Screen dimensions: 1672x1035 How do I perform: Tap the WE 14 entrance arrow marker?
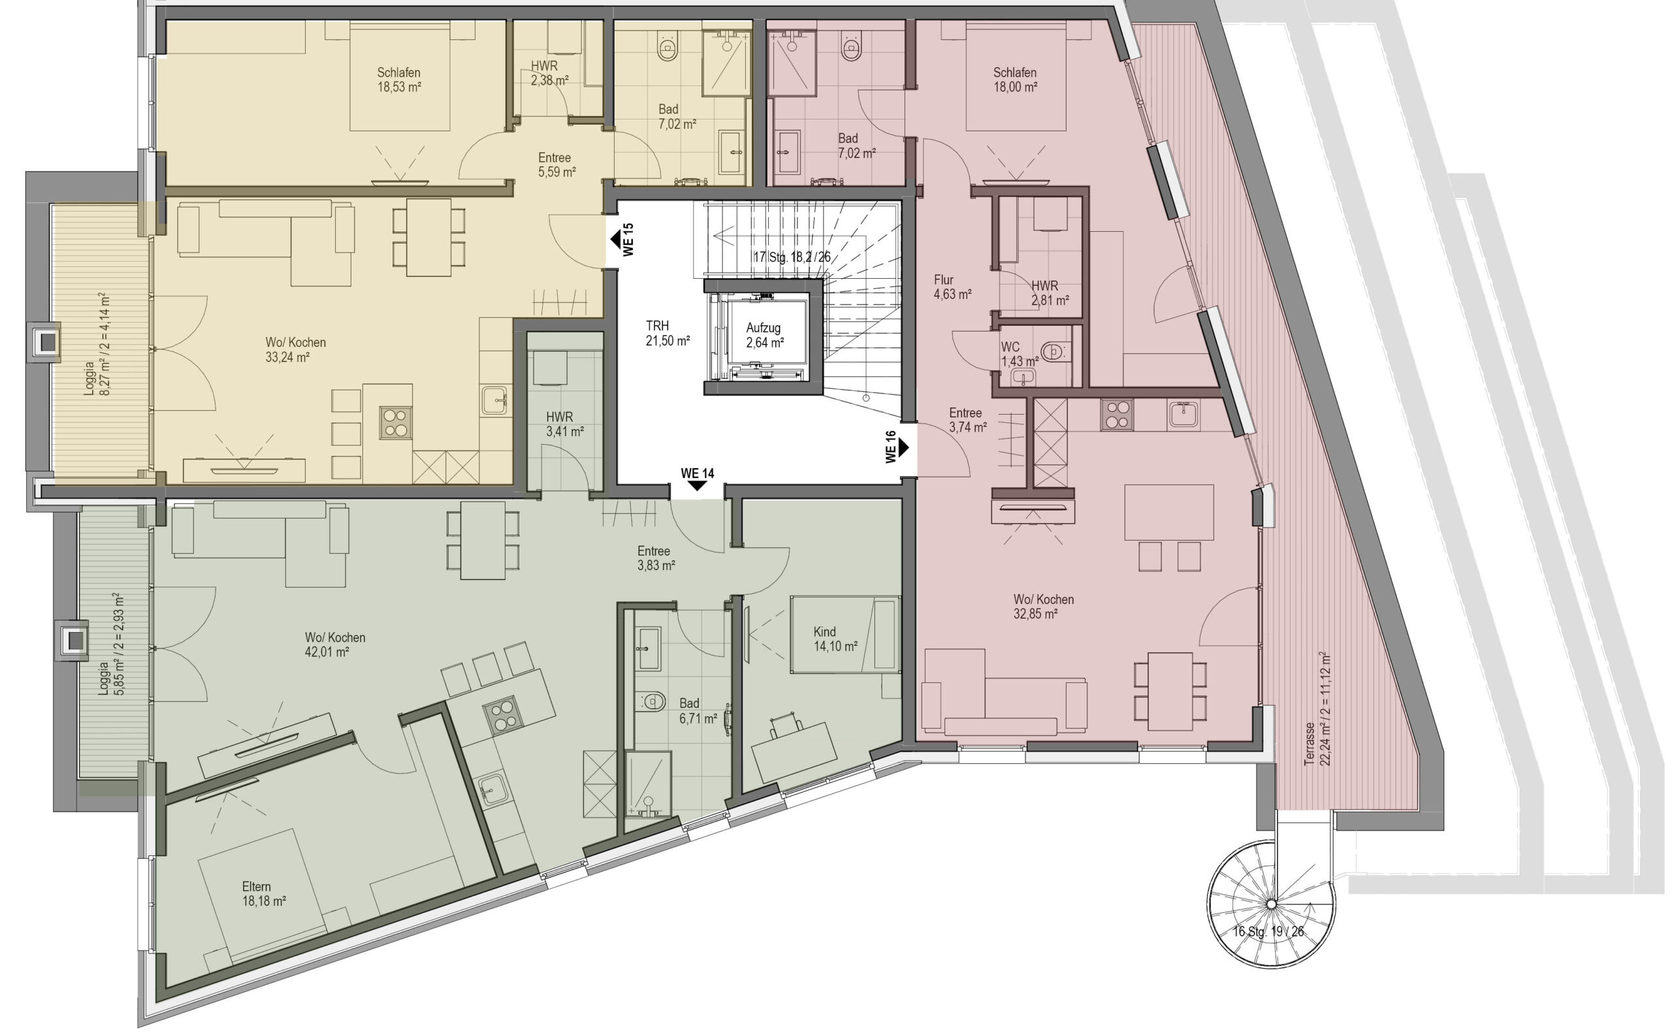point(697,485)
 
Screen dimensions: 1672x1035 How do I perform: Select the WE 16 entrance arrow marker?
point(904,448)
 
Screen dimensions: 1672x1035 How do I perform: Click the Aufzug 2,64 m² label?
point(764,336)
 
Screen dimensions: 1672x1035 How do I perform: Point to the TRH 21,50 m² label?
point(667,334)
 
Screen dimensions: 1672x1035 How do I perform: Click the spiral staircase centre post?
point(1271,905)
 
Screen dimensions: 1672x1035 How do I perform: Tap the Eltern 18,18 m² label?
point(264,894)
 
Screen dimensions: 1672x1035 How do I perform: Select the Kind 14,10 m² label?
point(835,639)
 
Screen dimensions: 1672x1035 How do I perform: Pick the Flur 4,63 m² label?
point(952,287)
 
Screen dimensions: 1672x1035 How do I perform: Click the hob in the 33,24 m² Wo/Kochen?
point(396,422)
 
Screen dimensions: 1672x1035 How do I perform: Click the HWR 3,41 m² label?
point(564,424)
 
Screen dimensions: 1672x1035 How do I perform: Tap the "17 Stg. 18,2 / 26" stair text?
point(792,257)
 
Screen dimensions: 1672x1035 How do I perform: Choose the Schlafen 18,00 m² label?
point(1016,80)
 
